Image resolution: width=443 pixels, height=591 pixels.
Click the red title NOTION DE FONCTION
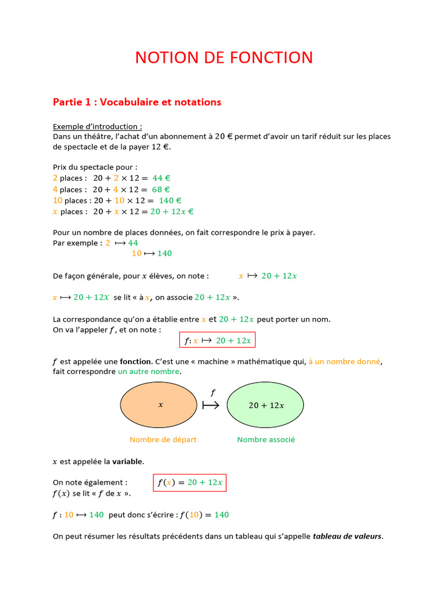click(x=224, y=58)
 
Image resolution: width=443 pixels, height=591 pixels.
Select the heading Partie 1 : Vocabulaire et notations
click(x=137, y=102)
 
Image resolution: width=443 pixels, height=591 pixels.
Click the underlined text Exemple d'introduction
click(x=97, y=126)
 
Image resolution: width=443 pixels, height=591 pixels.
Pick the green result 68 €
click(x=161, y=189)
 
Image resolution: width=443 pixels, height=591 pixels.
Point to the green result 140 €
click(x=170, y=200)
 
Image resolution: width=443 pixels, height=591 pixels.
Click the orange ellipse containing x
click(x=159, y=405)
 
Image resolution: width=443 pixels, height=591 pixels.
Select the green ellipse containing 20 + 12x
click(x=266, y=405)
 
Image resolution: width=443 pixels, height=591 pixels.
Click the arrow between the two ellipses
click(x=211, y=405)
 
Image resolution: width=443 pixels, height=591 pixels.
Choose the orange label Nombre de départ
click(x=163, y=440)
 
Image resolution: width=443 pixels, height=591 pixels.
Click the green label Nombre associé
click(x=266, y=440)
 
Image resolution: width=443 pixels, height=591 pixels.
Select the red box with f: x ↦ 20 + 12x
click(x=217, y=341)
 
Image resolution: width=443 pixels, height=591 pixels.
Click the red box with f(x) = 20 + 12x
click(x=190, y=482)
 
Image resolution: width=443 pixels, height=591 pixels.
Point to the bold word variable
click(x=128, y=462)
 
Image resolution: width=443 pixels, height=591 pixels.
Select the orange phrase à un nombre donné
click(x=345, y=362)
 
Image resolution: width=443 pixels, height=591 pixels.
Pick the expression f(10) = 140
click(x=204, y=515)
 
